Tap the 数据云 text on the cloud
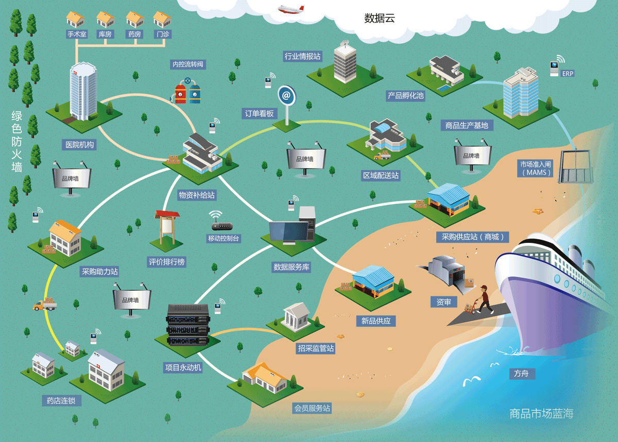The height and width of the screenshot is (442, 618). pyautogui.click(x=380, y=19)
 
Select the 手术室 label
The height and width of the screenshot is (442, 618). pyautogui.click(x=77, y=34)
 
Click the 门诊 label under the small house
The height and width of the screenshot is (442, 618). pyautogui.click(x=163, y=34)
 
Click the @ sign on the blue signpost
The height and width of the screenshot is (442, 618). pyautogui.click(x=286, y=95)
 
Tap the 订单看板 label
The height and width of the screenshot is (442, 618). pyautogui.click(x=260, y=113)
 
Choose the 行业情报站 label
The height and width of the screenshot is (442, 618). pyautogui.click(x=303, y=56)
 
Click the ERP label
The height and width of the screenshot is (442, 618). pyautogui.click(x=568, y=74)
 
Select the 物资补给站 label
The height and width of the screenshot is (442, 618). pyautogui.click(x=197, y=195)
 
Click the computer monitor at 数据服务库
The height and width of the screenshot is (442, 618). pyautogui.click(x=289, y=232)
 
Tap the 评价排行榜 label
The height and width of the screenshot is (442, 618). pyautogui.click(x=166, y=261)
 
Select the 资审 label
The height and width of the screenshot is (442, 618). pyautogui.click(x=443, y=302)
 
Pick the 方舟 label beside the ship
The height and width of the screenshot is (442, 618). pyautogui.click(x=521, y=374)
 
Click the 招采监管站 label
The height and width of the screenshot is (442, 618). pyautogui.click(x=316, y=348)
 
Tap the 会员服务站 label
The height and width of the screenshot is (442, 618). pyautogui.click(x=312, y=408)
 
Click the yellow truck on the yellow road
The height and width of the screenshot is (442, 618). pyautogui.click(x=45, y=305)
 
